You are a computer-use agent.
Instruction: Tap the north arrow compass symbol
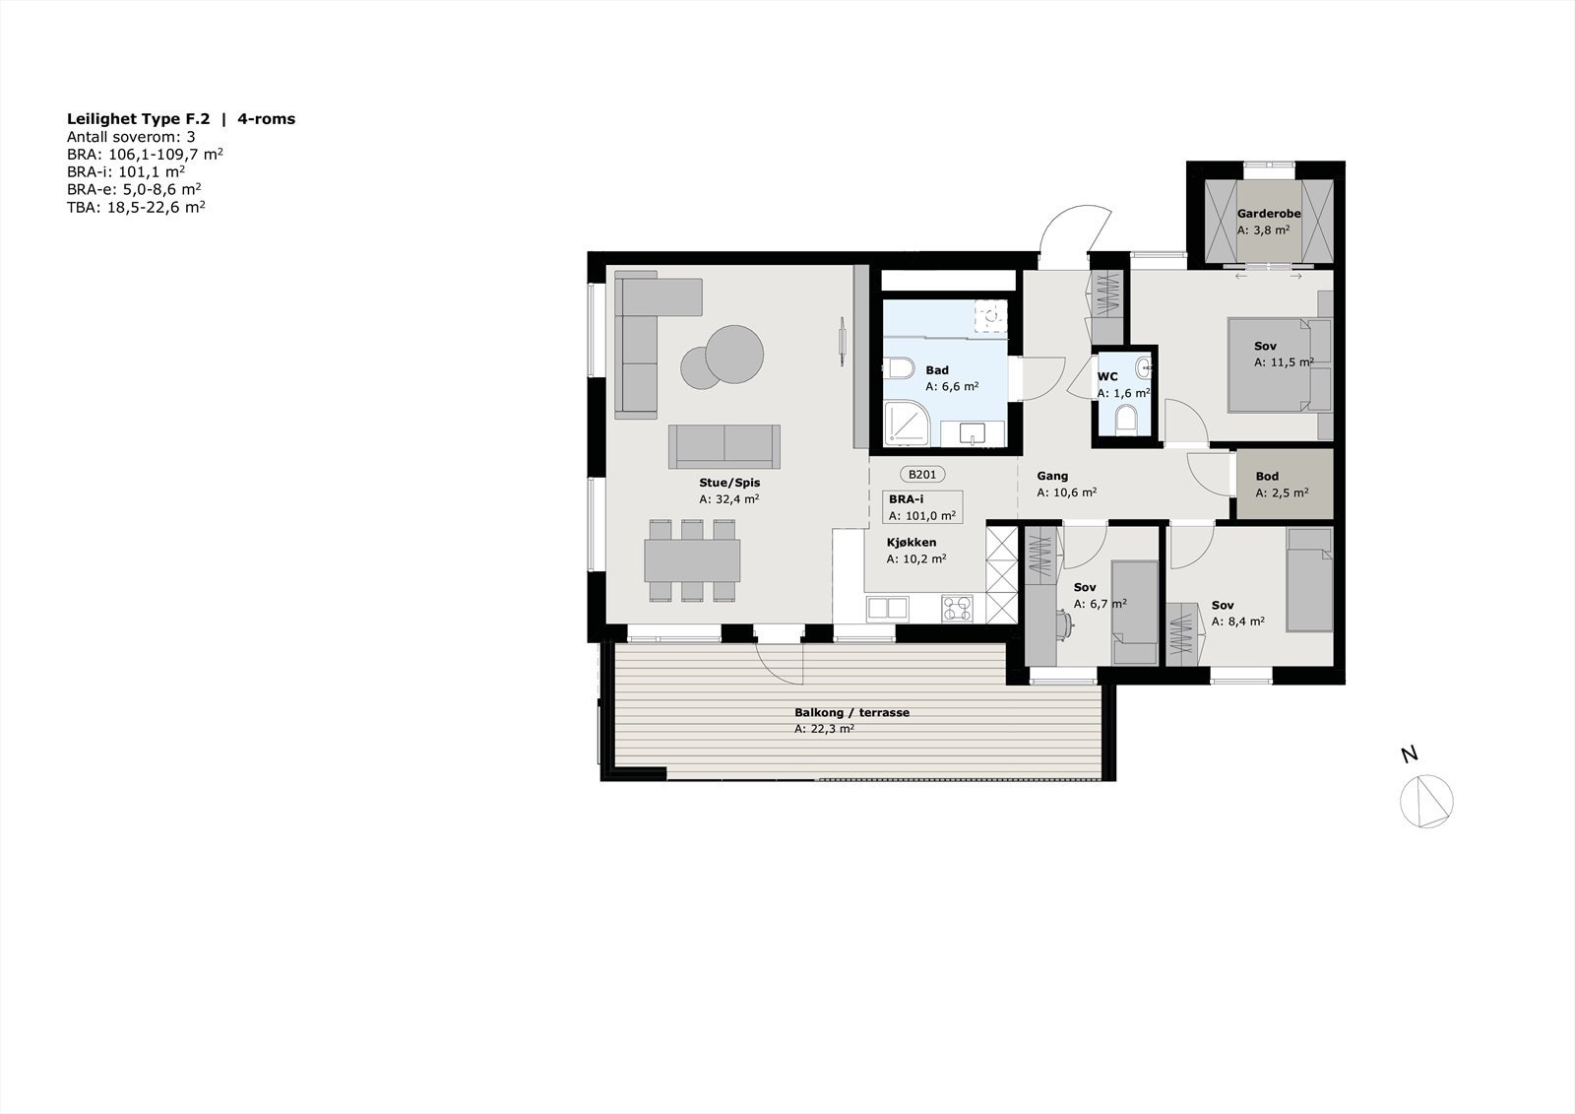pyautogui.click(x=1426, y=800)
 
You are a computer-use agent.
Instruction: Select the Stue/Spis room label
pyautogui.click(x=729, y=483)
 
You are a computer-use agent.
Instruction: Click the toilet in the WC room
pyautogui.click(x=1125, y=419)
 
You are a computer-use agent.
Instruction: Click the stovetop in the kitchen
pyautogui.click(x=956, y=608)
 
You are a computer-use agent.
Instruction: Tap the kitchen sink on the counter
pyautogui.click(x=888, y=608)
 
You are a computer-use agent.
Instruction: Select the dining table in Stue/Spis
pyautogui.click(x=692, y=559)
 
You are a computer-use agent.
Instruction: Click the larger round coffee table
pyautogui.click(x=734, y=354)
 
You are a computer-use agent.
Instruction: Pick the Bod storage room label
pyautogui.click(x=1267, y=477)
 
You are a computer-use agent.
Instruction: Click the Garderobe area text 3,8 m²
pyautogui.click(x=1263, y=230)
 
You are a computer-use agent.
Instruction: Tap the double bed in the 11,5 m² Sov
pyautogui.click(x=1271, y=363)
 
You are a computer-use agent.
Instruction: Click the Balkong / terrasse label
pyautogui.click(x=851, y=713)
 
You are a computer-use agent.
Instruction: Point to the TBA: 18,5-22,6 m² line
pyautogui.click(x=136, y=207)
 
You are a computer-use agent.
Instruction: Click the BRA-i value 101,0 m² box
pyautogui.click(x=922, y=515)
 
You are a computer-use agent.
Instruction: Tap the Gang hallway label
pyautogui.click(x=1052, y=476)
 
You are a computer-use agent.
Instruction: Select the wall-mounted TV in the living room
pyautogui.click(x=843, y=341)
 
